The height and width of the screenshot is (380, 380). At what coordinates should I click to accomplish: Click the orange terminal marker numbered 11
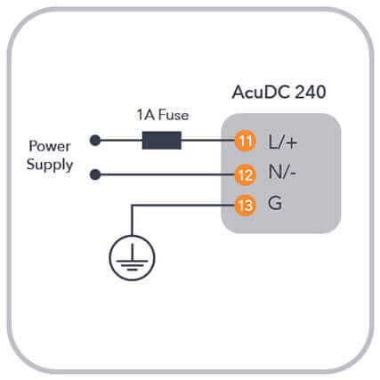245,141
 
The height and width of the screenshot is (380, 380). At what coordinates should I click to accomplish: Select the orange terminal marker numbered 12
245,175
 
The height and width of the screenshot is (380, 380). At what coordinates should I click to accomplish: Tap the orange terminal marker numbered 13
245,206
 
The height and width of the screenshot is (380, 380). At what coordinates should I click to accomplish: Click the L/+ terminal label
282,141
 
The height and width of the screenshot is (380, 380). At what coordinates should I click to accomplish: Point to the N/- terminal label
282,172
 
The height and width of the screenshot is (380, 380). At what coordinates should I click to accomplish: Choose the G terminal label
275,204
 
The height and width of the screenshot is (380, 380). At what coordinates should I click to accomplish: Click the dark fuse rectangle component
162,141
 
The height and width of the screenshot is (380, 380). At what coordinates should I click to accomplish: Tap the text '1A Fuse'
163,115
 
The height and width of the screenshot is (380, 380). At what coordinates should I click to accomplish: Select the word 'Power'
50,146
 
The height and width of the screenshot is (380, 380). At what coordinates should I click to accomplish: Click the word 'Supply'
50,166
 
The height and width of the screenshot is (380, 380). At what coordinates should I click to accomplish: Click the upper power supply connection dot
95,141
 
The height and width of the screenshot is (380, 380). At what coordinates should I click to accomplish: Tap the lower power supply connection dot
95,174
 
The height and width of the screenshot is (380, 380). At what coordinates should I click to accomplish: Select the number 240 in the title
311,93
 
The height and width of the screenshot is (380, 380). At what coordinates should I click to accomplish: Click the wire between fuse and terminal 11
207,141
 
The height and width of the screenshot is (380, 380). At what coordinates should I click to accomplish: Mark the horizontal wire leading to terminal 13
182,205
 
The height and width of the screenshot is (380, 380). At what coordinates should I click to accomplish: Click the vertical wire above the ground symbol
132,220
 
